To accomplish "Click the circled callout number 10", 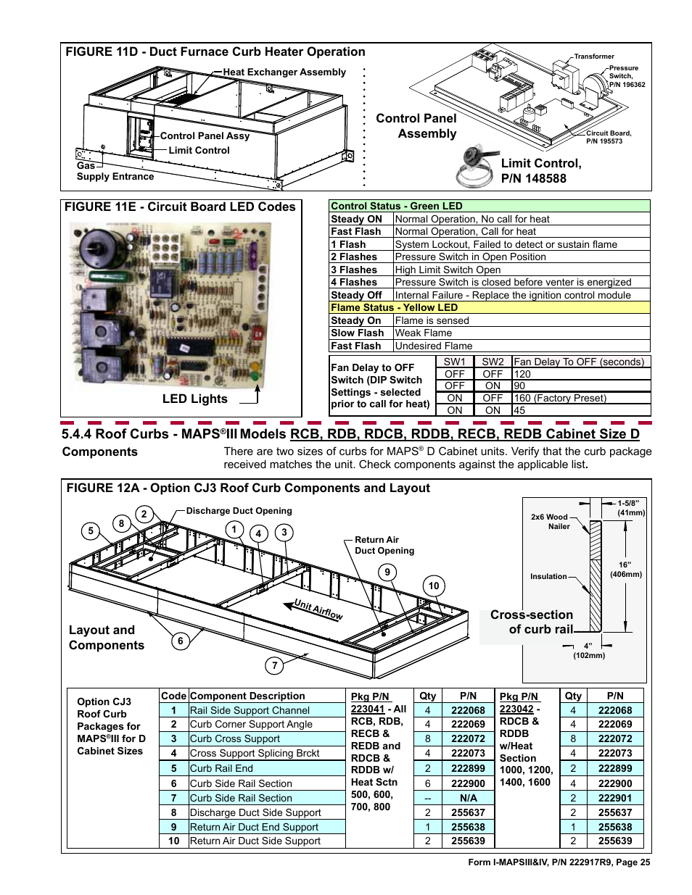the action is (x=434, y=586).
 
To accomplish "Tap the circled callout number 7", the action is (x=274, y=665).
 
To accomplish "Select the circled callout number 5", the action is (x=91, y=531).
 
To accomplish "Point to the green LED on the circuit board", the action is (x=255, y=375).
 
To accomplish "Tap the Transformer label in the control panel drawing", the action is (x=594, y=57).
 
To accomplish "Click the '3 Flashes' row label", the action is (x=354, y=270).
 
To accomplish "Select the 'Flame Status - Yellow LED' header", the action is (x=394, y=308).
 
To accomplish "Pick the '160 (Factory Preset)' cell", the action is (x=560, y=398).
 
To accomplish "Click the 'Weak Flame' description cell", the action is (x=424, y=333).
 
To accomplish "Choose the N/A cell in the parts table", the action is (x=468, y=798).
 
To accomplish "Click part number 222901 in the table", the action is (x=615, y=798).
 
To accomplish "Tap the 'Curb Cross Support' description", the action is (x=234, y=738).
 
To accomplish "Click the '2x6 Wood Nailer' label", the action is (x=551, y=522).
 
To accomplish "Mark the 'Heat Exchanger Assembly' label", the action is (x=284, y=72).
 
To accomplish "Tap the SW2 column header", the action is (x=493, y=362).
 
